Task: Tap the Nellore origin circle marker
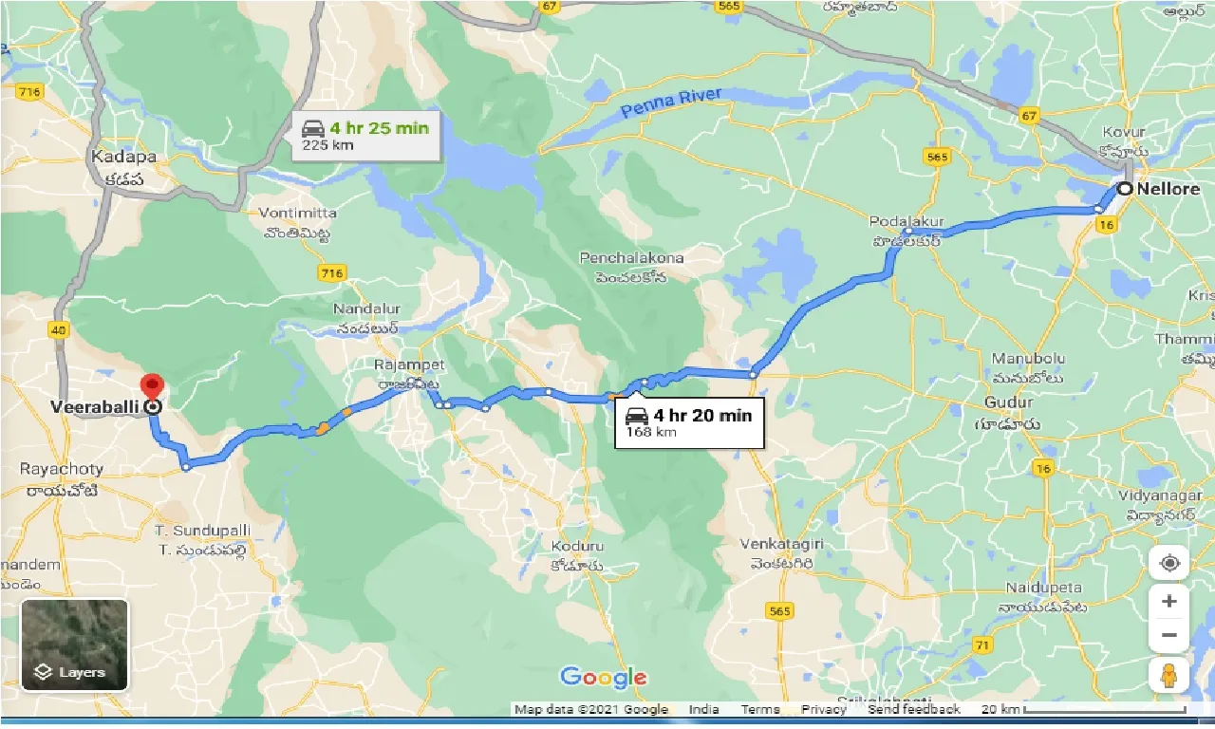(1125, 189)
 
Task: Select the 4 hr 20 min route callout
(690, 422)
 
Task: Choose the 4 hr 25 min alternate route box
(365, 136)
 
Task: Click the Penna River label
(671, 103)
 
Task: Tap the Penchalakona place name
(632, 257)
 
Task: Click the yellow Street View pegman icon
(1168, 675)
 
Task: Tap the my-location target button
(1168, 563)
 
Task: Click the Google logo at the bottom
(604, 677)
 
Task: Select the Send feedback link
(913, 709)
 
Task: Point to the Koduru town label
(576, 547)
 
